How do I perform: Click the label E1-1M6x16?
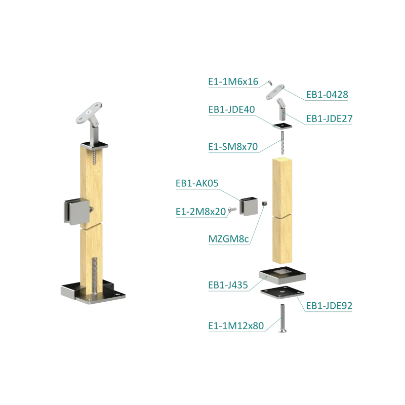[x=233, y=82]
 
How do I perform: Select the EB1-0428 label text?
[x=327, y=95]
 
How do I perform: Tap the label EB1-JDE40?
[x=232, y=109]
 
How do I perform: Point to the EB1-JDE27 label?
[x=330, y=118]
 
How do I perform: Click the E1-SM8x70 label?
[x=233, y=147]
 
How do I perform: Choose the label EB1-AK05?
[x=197, y=183]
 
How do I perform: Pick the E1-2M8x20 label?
[x=201, y=212]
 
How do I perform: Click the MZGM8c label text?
[x=229, y=239]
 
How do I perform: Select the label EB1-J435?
[x=228, y=285]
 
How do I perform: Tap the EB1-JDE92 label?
[x=329, y=306]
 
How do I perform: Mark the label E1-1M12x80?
[x=236, y=326]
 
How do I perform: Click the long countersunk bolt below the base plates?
[x=282, y=318]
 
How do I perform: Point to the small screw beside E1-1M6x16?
[x=270, y=83]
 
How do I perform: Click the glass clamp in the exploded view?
[x=249, y=206]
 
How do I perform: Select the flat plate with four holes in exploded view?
[x=282, y=293]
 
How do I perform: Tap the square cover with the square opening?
[x=282, y=274]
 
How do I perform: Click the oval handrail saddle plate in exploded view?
[x=275, y=92]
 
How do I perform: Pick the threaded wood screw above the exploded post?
[x=282, y=143]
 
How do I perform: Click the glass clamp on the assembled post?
[x=77, y=211]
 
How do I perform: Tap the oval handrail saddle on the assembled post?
[x=89, y=113]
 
